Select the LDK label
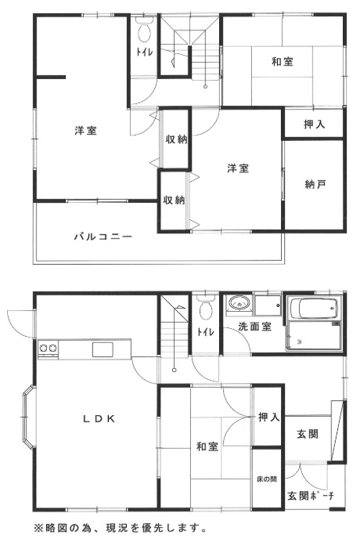99,418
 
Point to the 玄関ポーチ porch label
311,495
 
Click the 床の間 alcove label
266,479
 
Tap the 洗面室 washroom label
255,327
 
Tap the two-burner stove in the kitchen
48,349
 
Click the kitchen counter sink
103,349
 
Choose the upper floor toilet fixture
143,33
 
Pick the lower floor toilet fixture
206,309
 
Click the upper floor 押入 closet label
313,124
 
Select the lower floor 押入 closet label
268,418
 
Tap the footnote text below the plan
121,527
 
